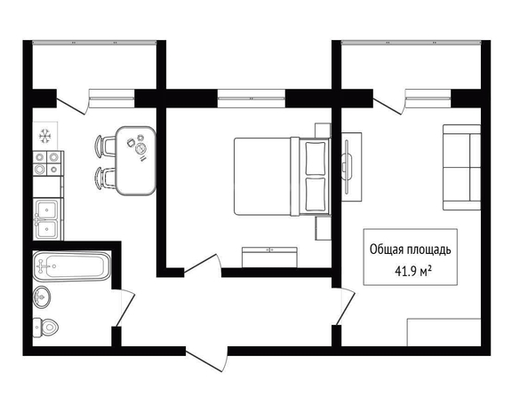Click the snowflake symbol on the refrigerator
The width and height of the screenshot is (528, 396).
[44, 136]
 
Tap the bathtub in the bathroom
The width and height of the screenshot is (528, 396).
[72, 266]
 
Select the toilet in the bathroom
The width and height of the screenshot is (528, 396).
[45, 327]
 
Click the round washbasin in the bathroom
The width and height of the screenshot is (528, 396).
[42, 297]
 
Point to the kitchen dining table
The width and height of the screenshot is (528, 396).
[135, 161]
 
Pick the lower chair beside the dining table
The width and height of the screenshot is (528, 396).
[105, 178]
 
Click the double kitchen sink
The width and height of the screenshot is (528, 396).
[47, 219]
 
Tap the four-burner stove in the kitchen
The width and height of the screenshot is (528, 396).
[47, 163]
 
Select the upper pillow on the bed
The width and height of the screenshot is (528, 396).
[316, 158]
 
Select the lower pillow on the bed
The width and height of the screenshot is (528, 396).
[316, 194]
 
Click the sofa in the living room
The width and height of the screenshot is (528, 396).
[461, 168]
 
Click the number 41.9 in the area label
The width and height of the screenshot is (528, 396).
[404, 271]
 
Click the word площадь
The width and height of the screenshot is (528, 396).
[429, 250]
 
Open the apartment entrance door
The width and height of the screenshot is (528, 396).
[207, 360]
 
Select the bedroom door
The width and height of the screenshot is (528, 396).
[202, 263]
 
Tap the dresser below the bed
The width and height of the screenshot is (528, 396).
[269, 257]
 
